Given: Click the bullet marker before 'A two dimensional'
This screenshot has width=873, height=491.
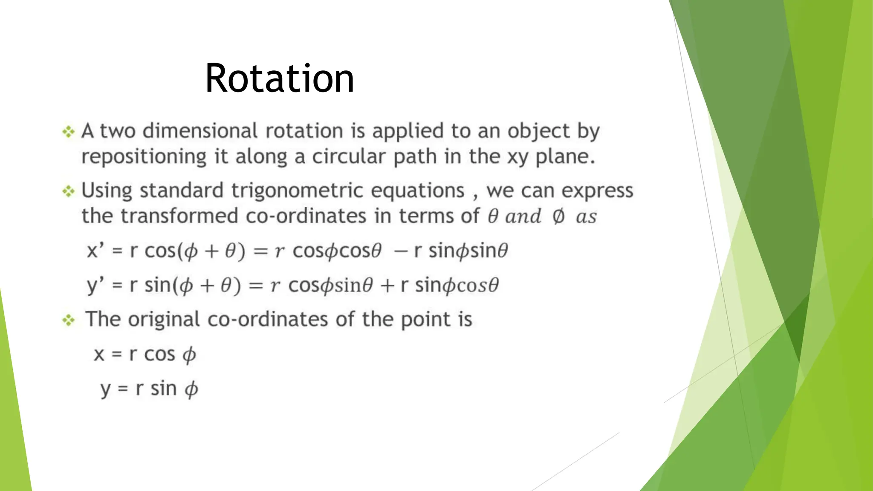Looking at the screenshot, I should point(69,132).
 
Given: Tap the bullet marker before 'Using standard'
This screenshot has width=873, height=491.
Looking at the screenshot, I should point(69,191).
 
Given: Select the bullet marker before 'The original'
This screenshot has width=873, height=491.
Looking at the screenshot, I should point(69,320).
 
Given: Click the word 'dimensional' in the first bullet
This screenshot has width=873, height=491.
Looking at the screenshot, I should point(200,131).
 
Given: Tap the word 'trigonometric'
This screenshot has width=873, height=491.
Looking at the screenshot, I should point(297,191).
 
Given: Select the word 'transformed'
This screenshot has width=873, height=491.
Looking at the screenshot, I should point(179,216).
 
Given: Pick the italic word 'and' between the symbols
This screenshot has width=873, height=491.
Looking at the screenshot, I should point(523,217).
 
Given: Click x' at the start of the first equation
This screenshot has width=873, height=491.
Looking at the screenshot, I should point(95,251).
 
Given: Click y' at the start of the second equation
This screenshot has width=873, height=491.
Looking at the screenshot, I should point(95,286).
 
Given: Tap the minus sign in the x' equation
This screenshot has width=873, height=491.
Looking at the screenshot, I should point(400,251).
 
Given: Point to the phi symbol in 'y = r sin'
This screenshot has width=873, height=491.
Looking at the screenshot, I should point(191,390).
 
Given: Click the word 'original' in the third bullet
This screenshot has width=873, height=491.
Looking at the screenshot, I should point(164,320).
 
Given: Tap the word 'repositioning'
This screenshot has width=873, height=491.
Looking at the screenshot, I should point(144,157).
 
